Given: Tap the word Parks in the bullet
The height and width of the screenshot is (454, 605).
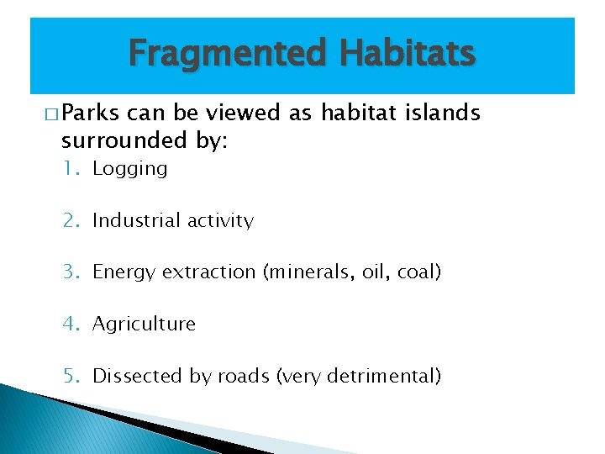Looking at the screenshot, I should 90,113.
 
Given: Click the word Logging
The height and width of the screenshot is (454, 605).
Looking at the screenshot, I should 130,169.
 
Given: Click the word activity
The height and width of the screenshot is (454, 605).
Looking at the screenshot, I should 220,221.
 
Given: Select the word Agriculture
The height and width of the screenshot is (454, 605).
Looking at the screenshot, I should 144,325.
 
